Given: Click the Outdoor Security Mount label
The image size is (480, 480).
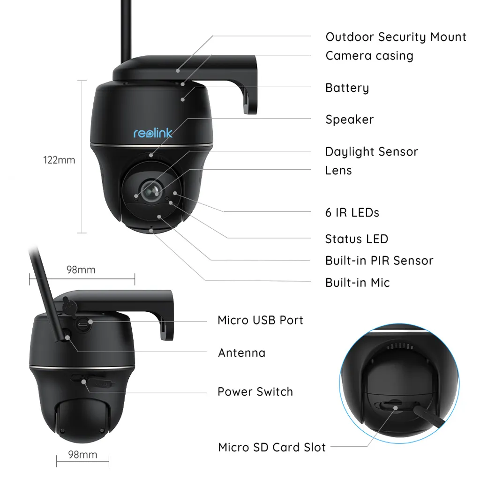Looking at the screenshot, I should click(x=396, y=37).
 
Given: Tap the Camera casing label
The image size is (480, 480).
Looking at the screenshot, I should click(x=369, y=56).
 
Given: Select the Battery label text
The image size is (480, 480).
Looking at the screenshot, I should click(x=347, y=88).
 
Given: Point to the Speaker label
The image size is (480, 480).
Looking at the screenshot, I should click(x=349, y=120).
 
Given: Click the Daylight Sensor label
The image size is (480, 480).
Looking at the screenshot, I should click(x=371, y=152).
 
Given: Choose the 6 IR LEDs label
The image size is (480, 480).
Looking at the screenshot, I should click(x=352, y=212).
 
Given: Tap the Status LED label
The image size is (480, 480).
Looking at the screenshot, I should click(x=356, y=239).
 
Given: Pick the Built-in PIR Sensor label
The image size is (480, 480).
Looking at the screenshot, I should click(x=379, y=261).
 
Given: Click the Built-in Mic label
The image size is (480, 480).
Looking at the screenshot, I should click(x=357, y=283).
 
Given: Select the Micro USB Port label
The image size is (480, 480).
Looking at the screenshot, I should click(x=260, y=321).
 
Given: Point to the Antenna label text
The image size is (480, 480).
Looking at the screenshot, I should click(x=241, y=352).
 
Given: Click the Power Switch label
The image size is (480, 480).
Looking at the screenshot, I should click(x=255, y=392).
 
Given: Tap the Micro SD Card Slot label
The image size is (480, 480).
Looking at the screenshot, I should click(x=272, y=448).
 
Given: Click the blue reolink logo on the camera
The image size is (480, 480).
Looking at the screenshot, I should click(x=153, y=133).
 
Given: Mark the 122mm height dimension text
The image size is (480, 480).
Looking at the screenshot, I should click(x=59, y=160).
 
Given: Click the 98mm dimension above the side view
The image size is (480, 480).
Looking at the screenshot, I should click(x=81, y=270).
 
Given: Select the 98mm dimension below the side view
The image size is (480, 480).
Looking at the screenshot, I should click(x=82, y=455).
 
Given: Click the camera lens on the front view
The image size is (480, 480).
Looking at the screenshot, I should click(x=153, y=190).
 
